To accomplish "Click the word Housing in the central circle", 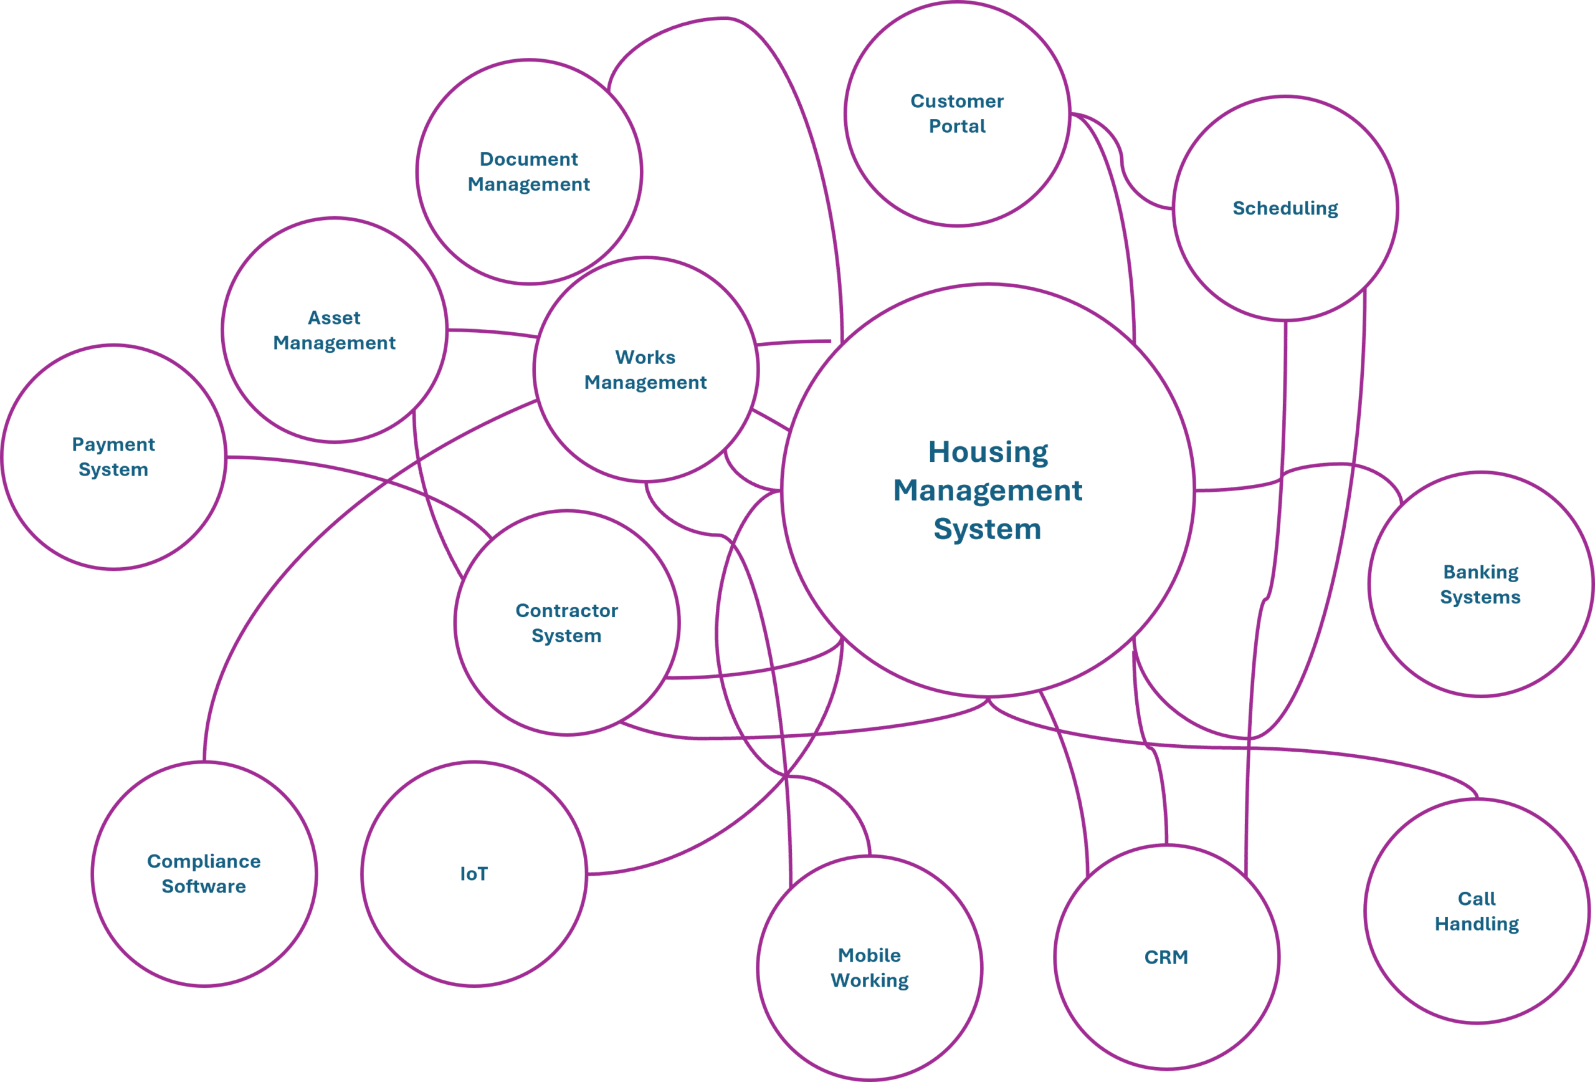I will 988,452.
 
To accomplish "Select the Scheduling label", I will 1285,208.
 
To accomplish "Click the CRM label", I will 1166,957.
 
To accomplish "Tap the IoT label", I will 474,874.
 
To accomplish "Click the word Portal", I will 957,127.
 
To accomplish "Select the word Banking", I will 1480,572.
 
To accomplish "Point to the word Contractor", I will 566,610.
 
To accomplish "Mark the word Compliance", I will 204,861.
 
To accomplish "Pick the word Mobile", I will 869,955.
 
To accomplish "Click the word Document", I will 528,160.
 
